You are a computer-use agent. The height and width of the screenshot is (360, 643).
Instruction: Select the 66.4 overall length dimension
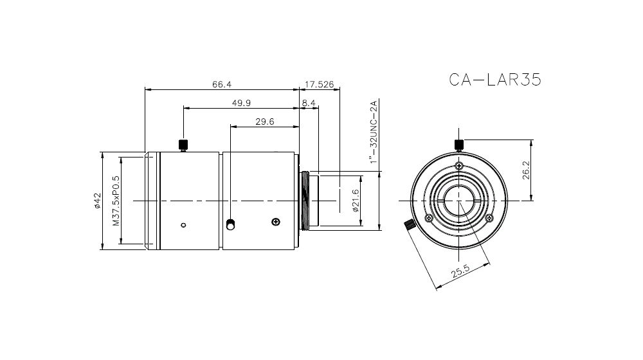point(221,84)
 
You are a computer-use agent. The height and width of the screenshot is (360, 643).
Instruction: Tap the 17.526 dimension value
point(319,84)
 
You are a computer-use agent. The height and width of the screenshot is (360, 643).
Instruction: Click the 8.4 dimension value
point(308,103)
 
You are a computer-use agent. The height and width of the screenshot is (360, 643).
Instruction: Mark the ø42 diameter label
point(97,201)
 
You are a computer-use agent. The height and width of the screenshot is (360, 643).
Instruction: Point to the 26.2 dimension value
point(526,171)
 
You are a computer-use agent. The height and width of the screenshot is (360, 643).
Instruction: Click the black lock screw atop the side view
point(183,144)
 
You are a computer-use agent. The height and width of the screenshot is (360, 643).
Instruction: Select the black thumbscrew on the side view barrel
point(231,224)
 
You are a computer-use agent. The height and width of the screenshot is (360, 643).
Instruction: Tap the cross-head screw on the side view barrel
point(276,222)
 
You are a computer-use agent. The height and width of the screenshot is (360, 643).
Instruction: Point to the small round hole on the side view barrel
point(183,224)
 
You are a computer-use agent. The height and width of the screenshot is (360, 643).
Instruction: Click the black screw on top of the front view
point(458,143)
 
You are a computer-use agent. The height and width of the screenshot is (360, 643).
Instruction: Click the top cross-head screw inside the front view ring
point(458,166)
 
